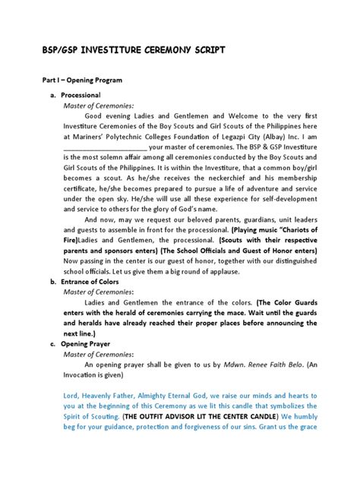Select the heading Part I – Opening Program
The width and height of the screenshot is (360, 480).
[80, 80]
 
